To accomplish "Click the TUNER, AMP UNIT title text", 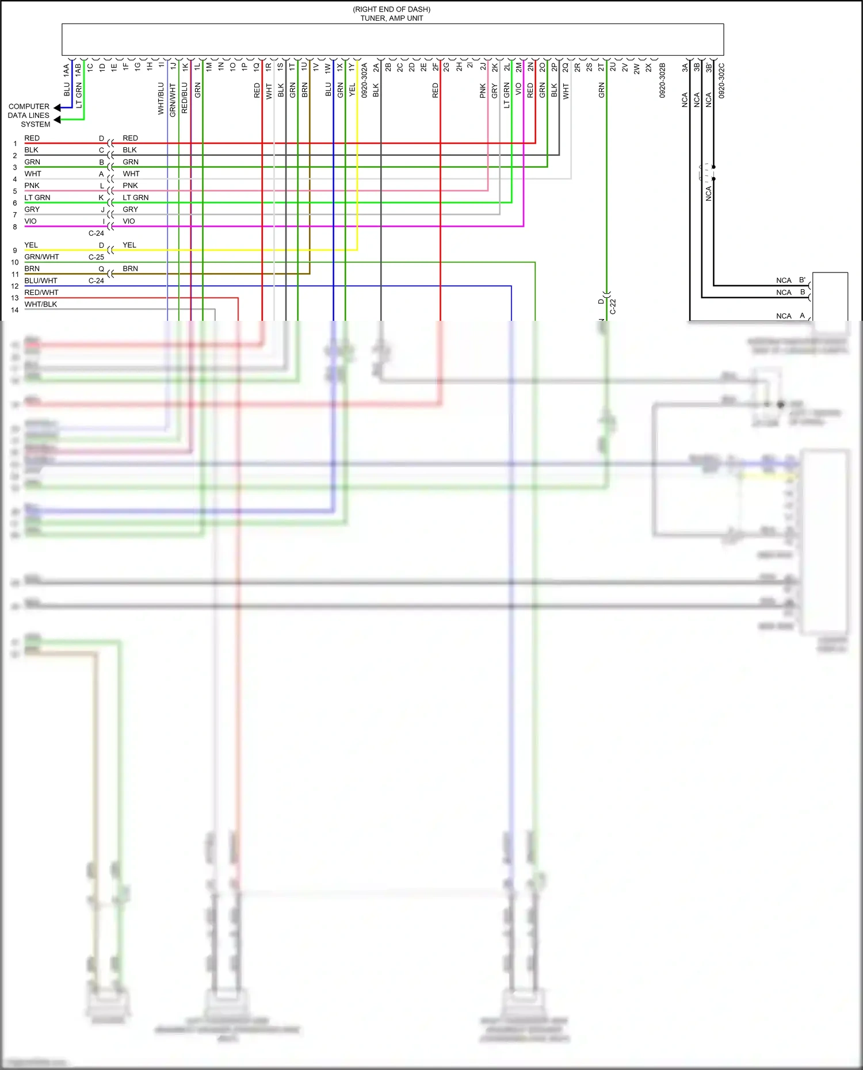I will click(391, 18).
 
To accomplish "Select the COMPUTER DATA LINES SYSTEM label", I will click(29, 116).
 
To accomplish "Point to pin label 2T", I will click(601, 67).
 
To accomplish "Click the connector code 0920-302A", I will click(364, 80).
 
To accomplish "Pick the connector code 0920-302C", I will click(721, 80).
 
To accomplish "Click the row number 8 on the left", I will click(15, 227).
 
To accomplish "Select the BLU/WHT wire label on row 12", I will click(41, 281).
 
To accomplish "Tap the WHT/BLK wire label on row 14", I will click(41, 304).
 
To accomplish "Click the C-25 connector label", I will click(96, 257).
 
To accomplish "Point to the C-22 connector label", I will click(613, 306).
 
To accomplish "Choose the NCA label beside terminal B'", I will click(784, 281).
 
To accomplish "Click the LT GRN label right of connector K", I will click(135, 198).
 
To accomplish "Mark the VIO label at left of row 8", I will click(30, 221).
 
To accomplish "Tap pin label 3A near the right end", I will click(685, 67).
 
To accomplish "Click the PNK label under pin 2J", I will click(483, 91).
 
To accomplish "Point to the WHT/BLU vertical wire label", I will click(161, 98).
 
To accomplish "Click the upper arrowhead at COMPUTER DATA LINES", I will click(57, 108).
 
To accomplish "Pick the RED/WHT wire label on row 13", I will click(41, 293).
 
